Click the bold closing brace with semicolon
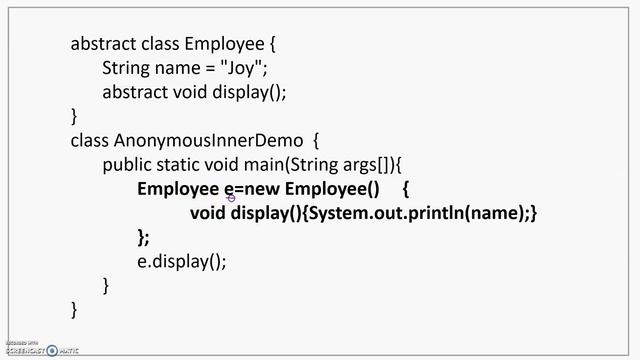point(143,237)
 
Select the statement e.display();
point(182,261)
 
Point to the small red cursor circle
point(231,198)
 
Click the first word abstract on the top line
point(103,44)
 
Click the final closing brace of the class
point(73,309)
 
